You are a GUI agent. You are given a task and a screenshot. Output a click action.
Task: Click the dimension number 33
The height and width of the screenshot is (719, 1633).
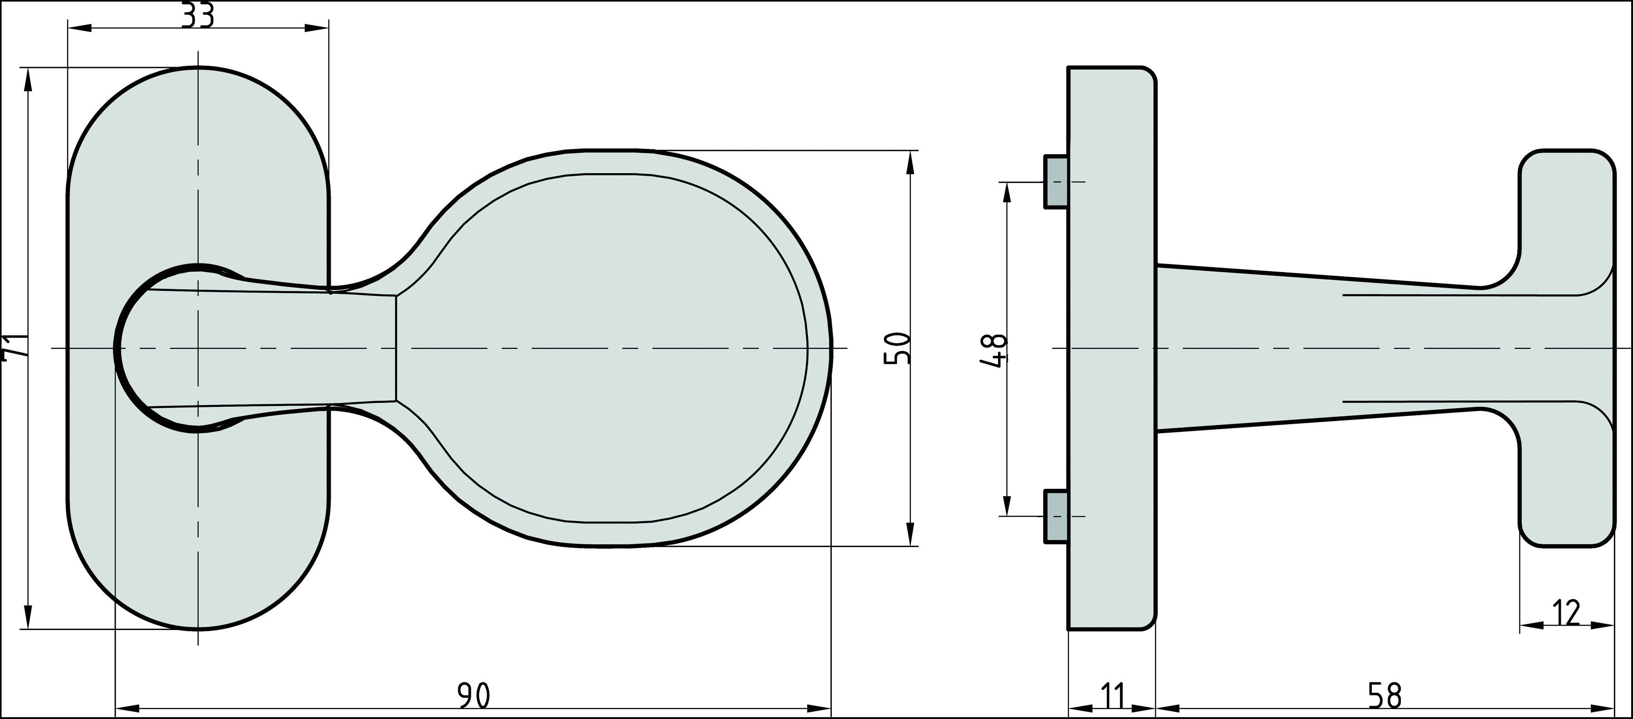pyautogui.click(x=198, y=16)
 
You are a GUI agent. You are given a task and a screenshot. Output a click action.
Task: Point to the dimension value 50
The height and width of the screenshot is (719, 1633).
pyautogui.click(x=897, y=347)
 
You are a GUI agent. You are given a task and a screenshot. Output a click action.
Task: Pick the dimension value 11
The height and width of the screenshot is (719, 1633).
pyautogui.click(x=1112, y=696)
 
